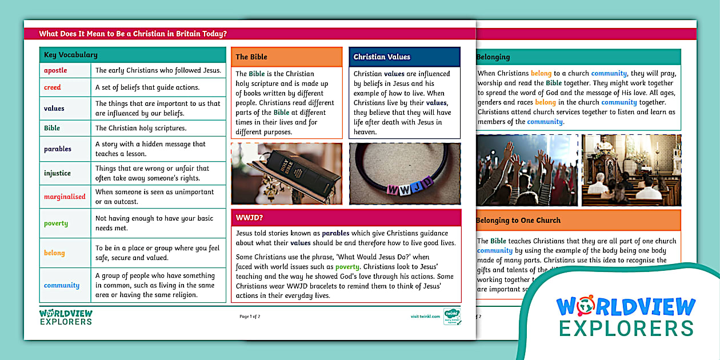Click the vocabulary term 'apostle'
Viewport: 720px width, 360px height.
(x=55, y=70)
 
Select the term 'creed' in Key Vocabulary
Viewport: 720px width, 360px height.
(x=52, y=87)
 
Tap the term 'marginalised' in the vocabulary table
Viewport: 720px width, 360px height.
(x=65, y=197)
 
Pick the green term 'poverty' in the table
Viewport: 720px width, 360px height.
(x=56, y=223)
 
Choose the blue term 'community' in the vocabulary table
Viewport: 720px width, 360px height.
(x=61, y=285)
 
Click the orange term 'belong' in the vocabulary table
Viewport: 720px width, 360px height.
(x=54, y=253)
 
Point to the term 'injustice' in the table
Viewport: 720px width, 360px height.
(x=57, y=173)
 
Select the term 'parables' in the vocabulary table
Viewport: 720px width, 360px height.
(x=58, y=149)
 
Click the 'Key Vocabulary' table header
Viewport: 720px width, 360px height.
(x=71, y=55)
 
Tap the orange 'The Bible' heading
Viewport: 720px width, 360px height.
(x=251, y=57)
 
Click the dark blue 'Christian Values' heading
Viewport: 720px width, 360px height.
(x=382, y=57)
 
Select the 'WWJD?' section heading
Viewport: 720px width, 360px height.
(x=249, y=218)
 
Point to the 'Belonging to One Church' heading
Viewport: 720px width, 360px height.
(x=518, y=220)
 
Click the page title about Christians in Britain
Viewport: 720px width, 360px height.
(x=133, y=34)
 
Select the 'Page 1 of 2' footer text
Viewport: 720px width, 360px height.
(x=250, y=316)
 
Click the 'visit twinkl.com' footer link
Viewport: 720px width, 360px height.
(x=425, y=316)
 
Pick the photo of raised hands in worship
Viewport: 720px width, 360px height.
(x=527, y=170)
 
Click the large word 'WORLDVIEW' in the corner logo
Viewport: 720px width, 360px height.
(x=626, y=307)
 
